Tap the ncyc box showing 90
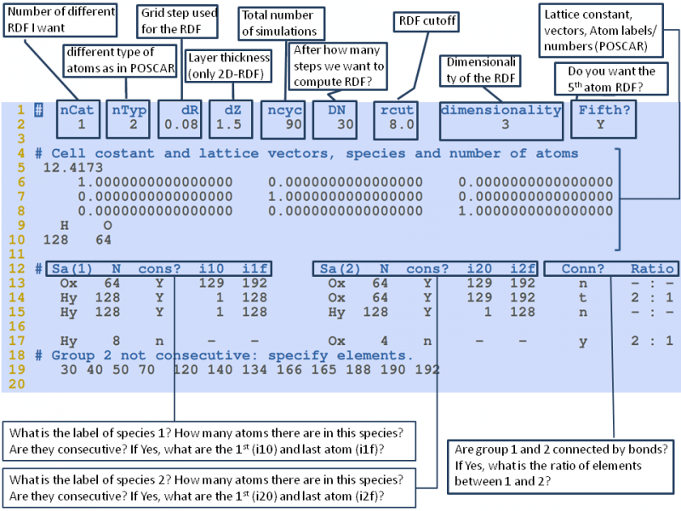click(281, 118)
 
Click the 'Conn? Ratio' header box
click(609, 268)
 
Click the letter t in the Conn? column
click(579, 297)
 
